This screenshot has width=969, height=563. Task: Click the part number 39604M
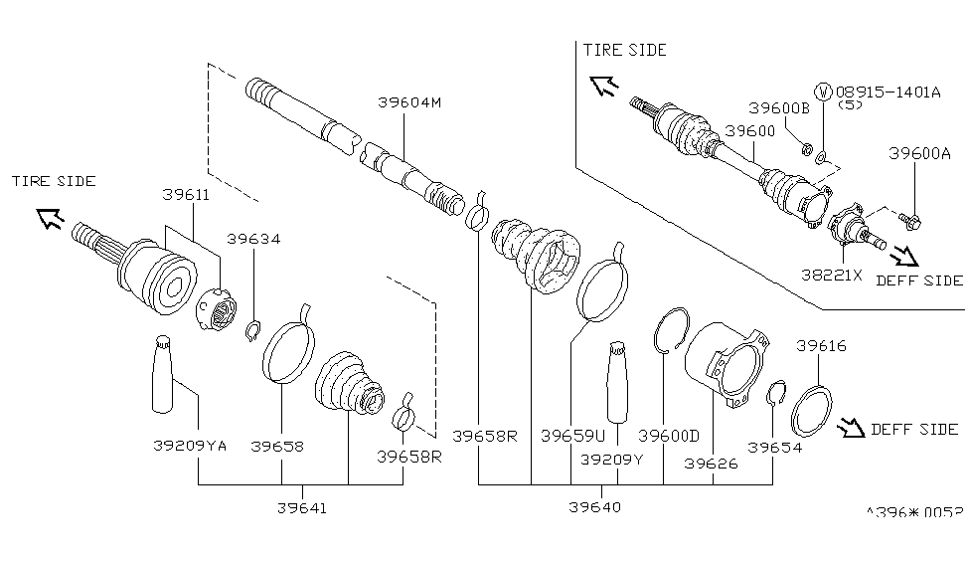pyautogui.click(x=409, y=101)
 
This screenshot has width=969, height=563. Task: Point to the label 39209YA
pyautogui.click(x=193, y=447)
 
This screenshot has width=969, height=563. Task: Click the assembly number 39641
pyautogui.click(x=302, y=507)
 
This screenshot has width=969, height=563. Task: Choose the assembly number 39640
pyautogui.click(x=595, y=507)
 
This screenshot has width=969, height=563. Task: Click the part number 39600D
pyautogui.click(x=668, y=435)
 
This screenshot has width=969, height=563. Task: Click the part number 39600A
pyautogui.click(x=919, y=153)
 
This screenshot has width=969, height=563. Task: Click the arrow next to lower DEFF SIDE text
pyautogui.click(x=850, y=429)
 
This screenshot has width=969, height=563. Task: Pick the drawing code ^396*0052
pyautogui.click(x=914, y=512)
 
